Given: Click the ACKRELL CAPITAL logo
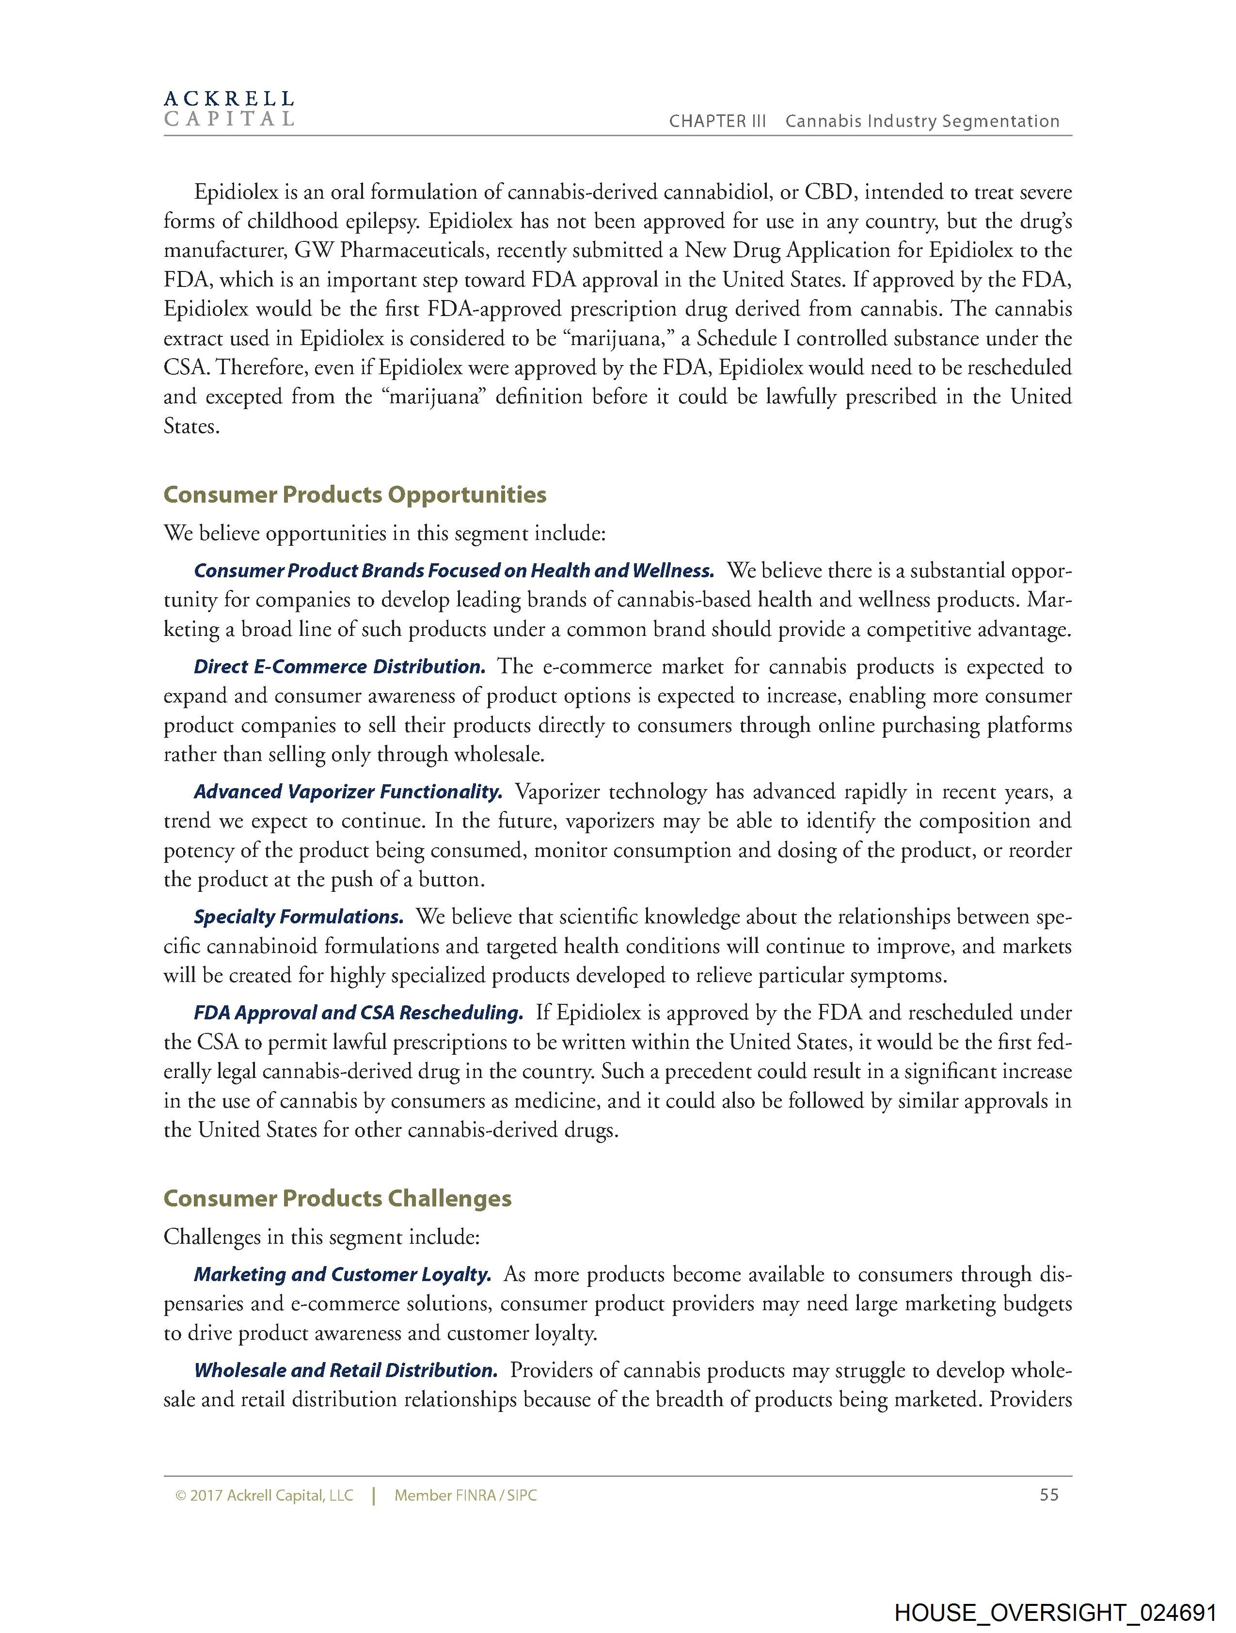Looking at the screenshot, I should pos(229,109).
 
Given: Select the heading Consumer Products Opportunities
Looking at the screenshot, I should pos(354,494).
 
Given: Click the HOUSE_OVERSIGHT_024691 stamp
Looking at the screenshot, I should pos(1055,1612).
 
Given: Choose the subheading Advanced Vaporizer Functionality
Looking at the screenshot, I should pos(348,792).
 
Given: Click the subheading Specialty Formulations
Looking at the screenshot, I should pos(298,917).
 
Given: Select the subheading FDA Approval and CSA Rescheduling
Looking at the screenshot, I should pos(358,1013).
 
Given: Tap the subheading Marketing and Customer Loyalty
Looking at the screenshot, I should pos(343,1274).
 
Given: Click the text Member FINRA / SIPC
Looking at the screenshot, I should pos(465,1496).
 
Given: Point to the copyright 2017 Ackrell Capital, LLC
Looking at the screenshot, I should pos(264,1496).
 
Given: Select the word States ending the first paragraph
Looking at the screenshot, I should pos(191,427).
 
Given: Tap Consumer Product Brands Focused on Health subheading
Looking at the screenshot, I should pos(453,571).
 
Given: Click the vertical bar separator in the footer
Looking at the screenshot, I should pos(374,1496).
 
